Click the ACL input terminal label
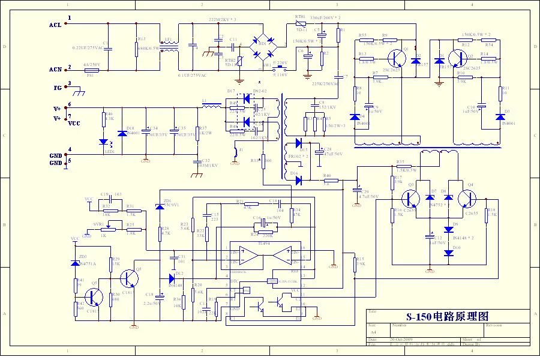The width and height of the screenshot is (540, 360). [x=56, y=25]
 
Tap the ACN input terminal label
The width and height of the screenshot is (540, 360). [x=56, y=70]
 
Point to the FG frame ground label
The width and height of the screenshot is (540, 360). [x=58, y=88]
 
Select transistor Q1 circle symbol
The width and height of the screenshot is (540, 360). [x=395, y=58]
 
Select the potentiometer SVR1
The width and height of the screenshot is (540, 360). [x=109, y=229]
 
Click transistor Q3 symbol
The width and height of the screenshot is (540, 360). [x=410, y=198]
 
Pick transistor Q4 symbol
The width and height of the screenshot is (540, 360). [x=467, y=198]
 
